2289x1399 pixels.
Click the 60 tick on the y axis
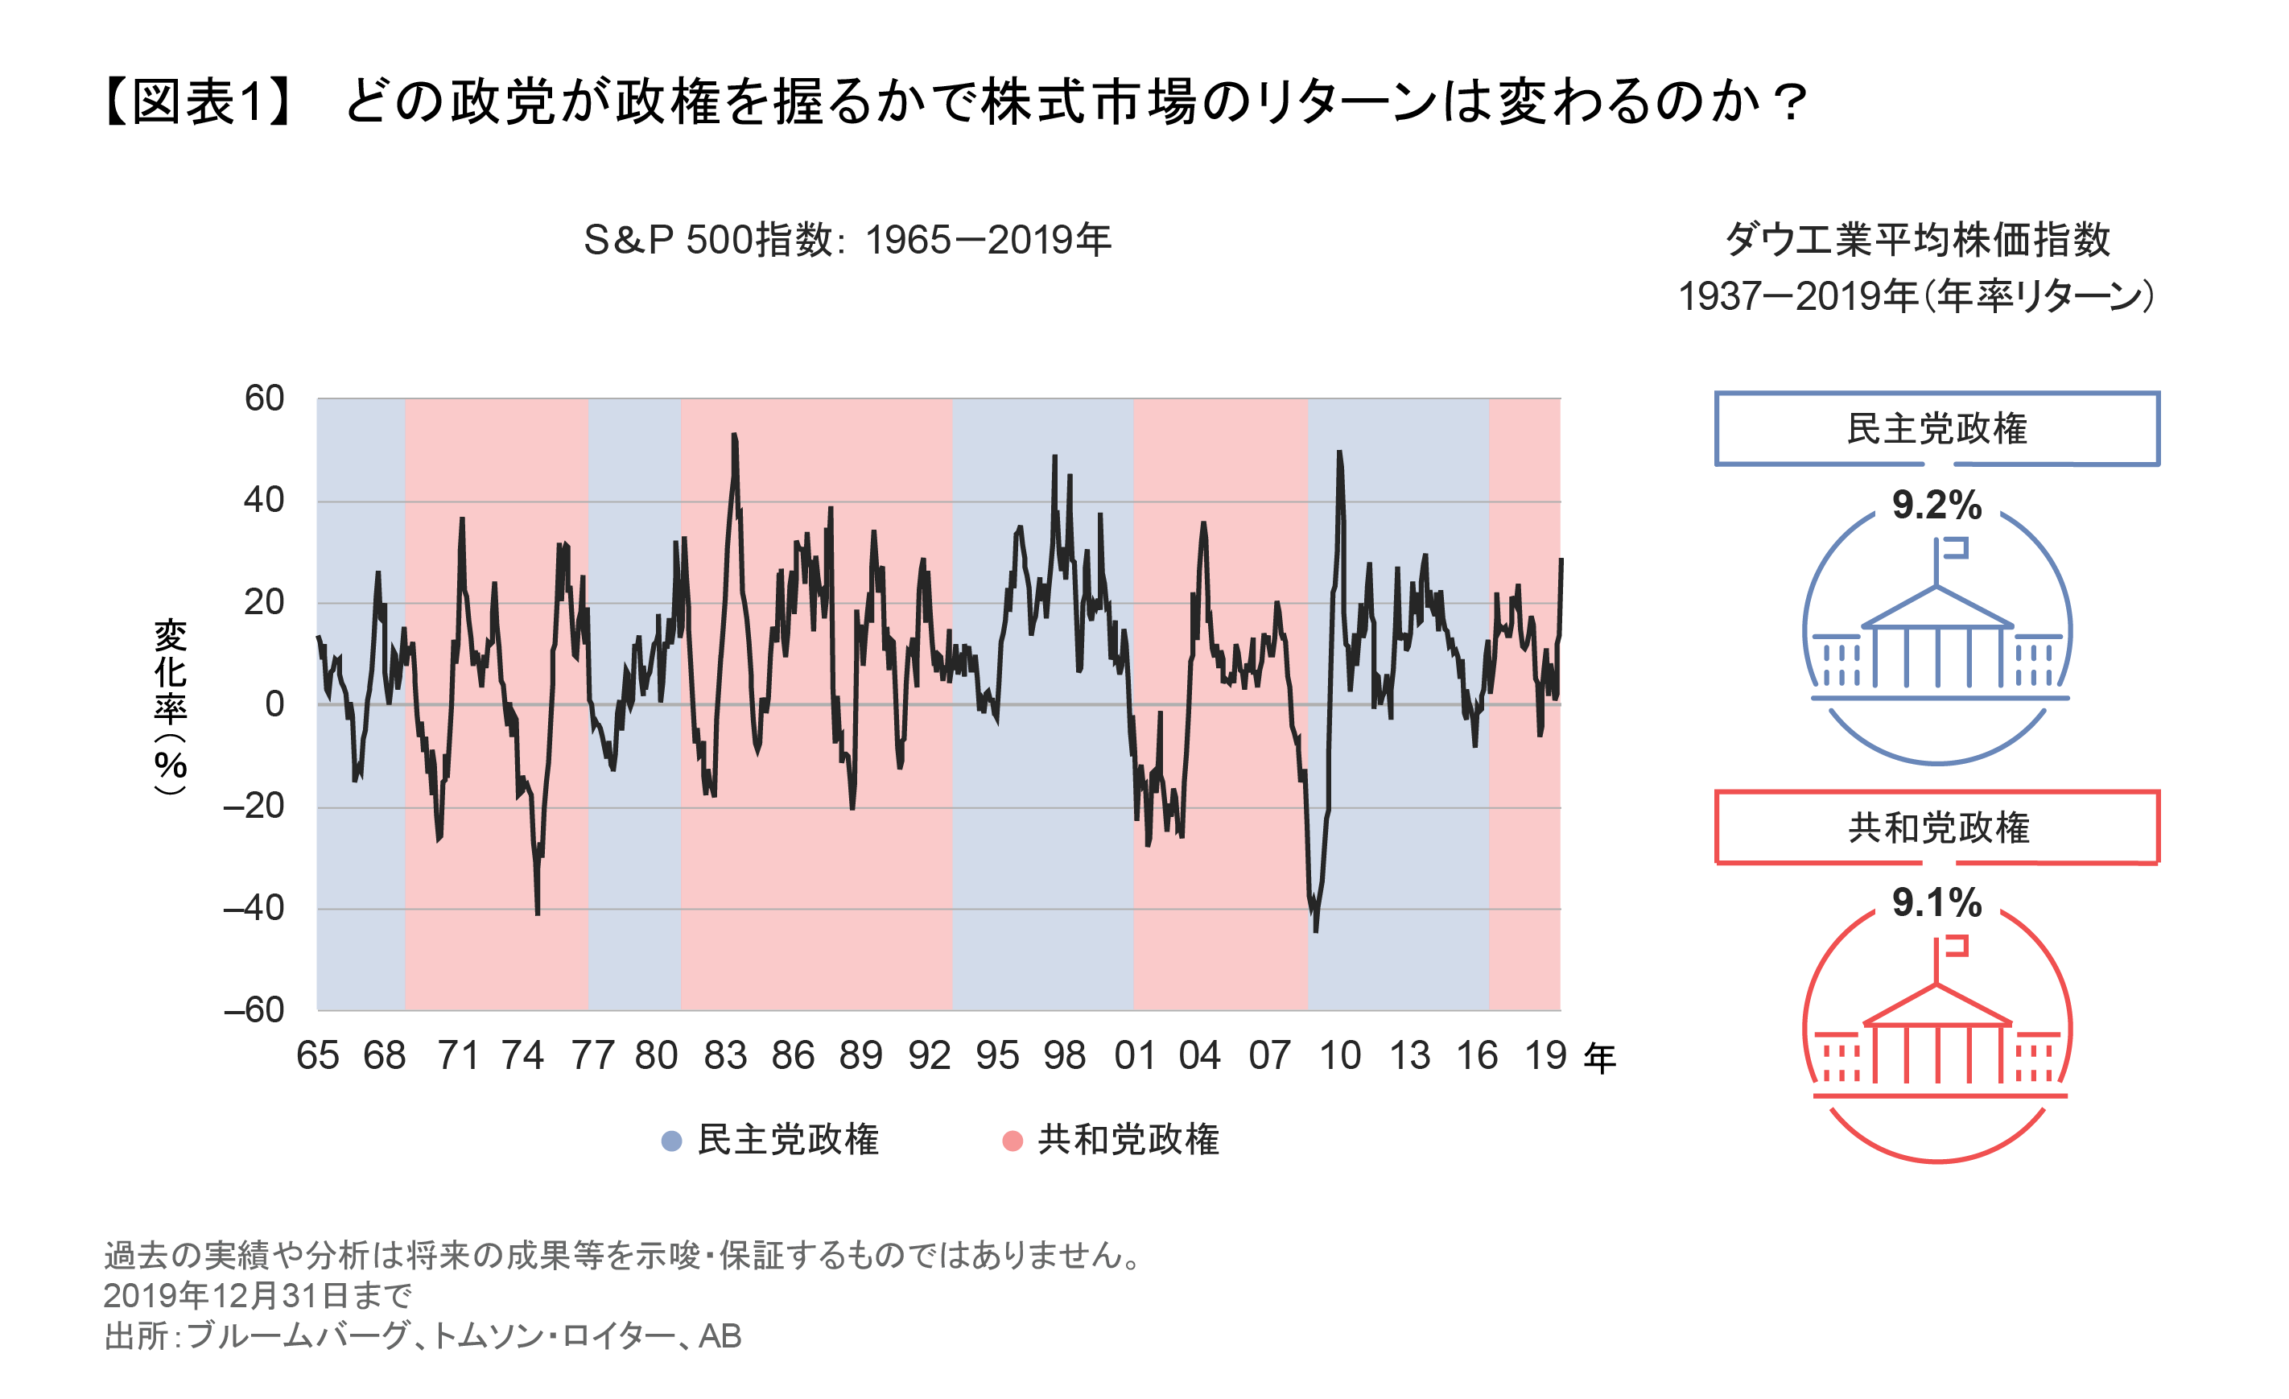pyautogui.click(x=264, y=398)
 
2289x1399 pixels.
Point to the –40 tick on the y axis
pyautogui.click(x=254, y=909)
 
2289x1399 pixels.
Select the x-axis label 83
pyautogui.click(x=725, y=1056)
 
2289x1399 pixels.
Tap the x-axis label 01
pyautogui.click(x=1134, y=1056)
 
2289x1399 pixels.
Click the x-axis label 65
pyautogui.click(x=318, y=1056)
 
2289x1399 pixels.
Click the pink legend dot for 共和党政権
pyautogui.click(x=1013, y=1141)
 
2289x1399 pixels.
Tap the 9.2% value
pyautogui.click(x=1937, y=506)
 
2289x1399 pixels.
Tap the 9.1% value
pyautogui.click(x=1937, y=903)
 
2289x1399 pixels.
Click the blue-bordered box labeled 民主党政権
pyautogui.click(x=1937, y=429)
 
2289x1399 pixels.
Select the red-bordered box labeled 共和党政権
pyautogui.click(x=1937, y=827)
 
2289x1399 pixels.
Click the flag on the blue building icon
pyautogui.click(x=1953, y=549)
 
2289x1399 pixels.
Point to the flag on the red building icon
pyautogui.click(x=1953, y=947)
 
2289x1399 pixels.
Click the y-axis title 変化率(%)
pyautogui.click(x=171, y=706)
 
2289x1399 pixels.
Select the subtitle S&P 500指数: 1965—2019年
pyautogui.click(x=848, y=241)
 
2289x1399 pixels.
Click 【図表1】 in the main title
pyautogui.click(x=197, y=101)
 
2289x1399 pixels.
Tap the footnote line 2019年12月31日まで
pyautogui.click(x=258, y=1295)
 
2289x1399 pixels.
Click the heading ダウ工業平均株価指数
pyautogui.click(x=1917, y=241)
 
